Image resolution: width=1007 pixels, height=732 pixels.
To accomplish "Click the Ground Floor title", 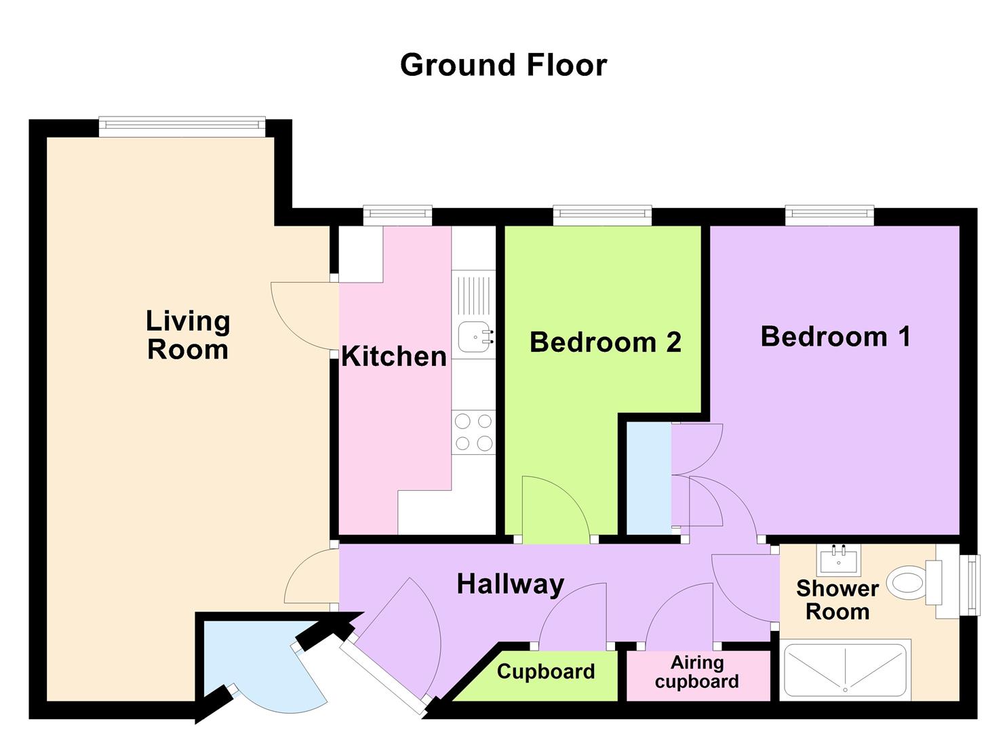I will (503, 65).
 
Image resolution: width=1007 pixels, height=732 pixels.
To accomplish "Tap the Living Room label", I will (188, 335).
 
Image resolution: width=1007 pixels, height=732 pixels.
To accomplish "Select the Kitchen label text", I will (394, 356).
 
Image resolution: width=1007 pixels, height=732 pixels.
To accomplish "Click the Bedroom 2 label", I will (605, 342).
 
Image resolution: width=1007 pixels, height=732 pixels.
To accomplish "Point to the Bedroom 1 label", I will (835, 336).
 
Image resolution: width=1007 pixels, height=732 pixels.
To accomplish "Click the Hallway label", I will (510, 584).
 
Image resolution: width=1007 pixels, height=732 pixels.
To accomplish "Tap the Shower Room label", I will (837, 600).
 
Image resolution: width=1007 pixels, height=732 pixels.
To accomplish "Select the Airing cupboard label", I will (697, 672).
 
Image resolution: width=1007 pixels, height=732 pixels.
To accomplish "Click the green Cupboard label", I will (545, 672).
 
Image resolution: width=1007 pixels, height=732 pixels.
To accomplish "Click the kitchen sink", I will (475, 337).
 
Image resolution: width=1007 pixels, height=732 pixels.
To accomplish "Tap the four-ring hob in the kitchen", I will (473, 432).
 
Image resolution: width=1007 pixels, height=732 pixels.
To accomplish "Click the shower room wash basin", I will (838, 560).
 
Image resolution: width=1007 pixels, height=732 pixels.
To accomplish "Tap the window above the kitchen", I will (397, 215).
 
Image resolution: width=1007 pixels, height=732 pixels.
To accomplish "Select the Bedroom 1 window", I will (829, 215).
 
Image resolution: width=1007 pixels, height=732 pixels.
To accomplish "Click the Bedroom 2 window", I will (602, 215).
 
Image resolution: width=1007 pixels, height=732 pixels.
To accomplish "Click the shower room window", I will (973, 585).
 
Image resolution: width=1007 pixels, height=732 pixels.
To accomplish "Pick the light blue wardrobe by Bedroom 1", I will (648, 478).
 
